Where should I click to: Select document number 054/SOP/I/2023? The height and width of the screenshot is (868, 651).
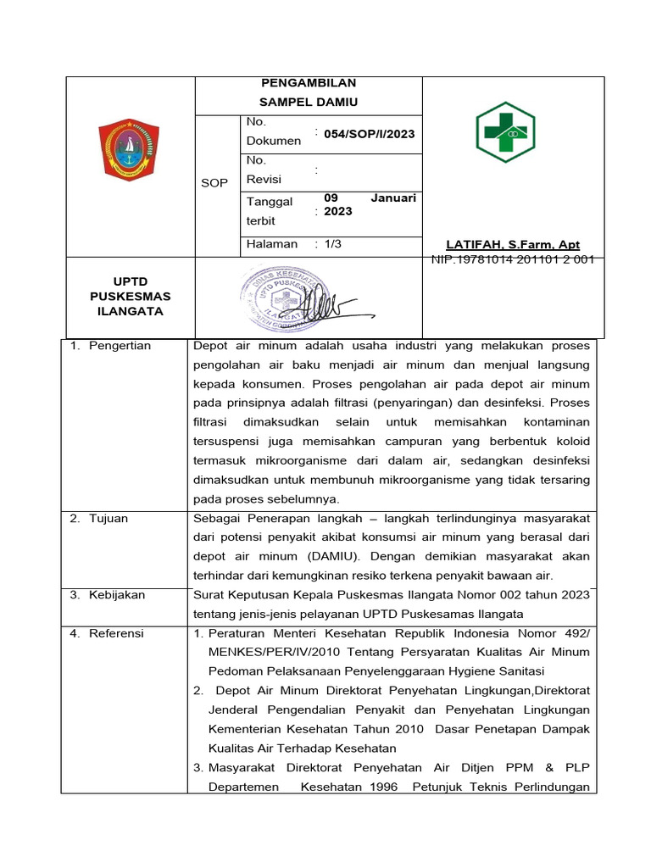(369, 134)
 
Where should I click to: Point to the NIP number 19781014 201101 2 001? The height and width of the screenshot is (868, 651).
(512, 260)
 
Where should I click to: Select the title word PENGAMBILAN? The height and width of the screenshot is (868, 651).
(309, 83)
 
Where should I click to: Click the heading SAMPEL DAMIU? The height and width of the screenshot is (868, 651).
(309, 103)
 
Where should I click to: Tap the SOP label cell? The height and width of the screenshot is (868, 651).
(214, 183)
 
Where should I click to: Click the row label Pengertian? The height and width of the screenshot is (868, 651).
(120, 346)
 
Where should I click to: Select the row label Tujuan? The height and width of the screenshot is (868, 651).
(108, 519)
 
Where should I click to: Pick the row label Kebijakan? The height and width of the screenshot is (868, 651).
(117, 595)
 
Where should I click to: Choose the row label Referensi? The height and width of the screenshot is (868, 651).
(116, 633)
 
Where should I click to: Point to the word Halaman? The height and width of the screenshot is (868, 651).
(271, 244)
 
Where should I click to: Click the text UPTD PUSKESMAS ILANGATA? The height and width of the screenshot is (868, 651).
(130, 297)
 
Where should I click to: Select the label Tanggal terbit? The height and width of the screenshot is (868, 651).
(270, 210)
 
